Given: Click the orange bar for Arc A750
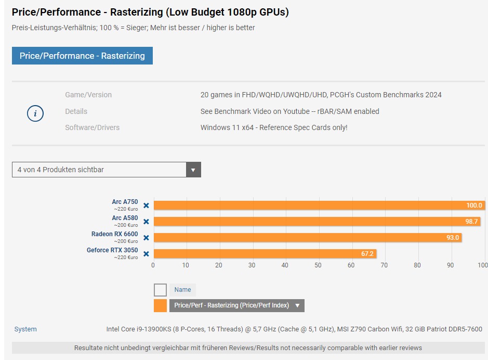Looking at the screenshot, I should point(319,205).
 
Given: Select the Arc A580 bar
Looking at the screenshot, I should point(316,222).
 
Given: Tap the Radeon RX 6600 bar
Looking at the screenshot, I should point(307,238).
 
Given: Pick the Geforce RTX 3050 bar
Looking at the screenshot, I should point(264,254).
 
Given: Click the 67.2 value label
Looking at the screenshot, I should point(367,254).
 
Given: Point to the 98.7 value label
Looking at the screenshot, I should point(471,222).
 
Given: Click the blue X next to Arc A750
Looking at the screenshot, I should point(146,205).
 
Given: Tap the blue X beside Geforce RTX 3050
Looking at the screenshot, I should point(146,254).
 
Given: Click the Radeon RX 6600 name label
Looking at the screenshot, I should point(115,234).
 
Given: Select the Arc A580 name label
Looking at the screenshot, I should point(125,218).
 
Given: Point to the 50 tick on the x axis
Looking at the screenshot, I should point(318,265).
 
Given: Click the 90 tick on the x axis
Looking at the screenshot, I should point(450,265).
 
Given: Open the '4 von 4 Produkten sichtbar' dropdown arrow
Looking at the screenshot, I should point(193,170).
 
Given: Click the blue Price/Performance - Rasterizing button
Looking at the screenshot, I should point(82,56).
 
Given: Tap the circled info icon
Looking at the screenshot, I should point(35,113).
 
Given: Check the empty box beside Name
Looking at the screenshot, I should point(161,290).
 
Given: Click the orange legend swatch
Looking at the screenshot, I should point(161,305).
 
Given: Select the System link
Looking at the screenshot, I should point(25,329).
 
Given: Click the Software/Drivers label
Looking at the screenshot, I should point(92,127).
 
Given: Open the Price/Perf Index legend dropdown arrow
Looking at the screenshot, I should point(297,305).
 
